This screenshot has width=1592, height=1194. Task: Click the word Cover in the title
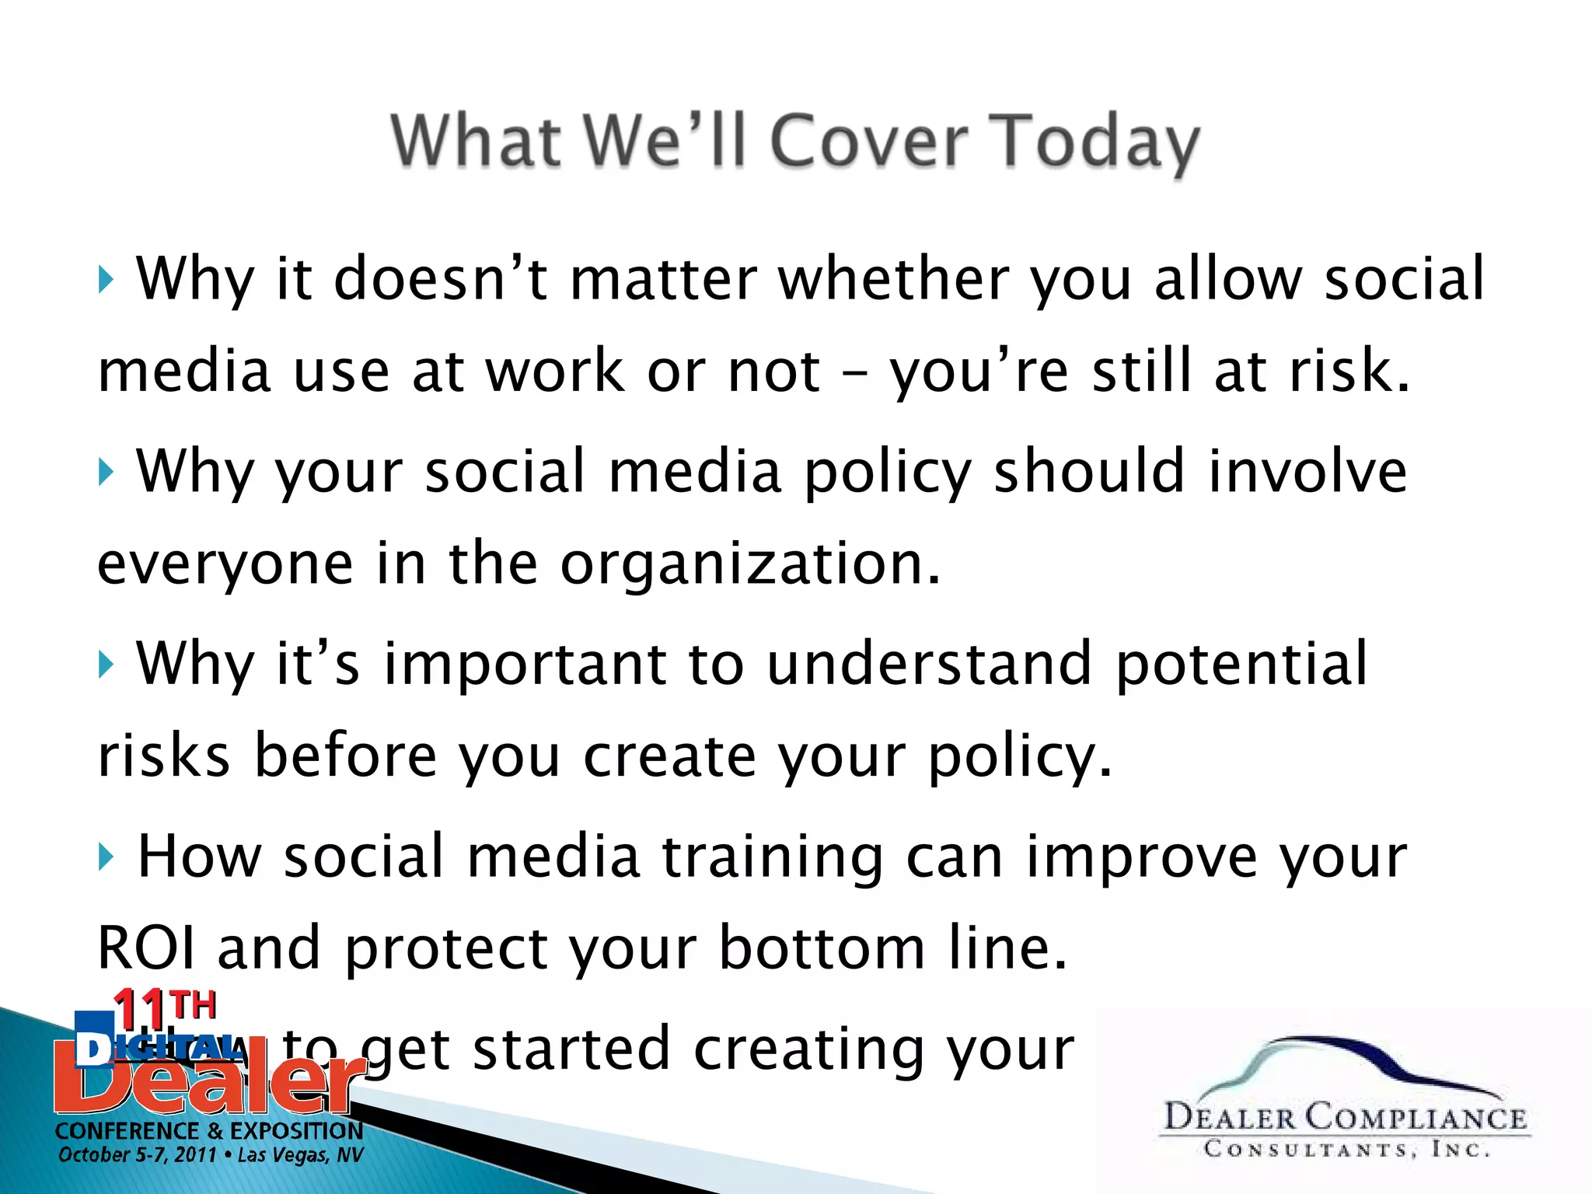point(869,141)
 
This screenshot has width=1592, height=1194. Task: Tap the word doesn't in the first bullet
point(439,278)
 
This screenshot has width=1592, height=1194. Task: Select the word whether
point(894,278)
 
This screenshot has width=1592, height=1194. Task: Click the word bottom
point(822,948)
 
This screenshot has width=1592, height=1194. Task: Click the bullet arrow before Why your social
point(106,472)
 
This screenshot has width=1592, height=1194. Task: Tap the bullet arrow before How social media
point(106,857)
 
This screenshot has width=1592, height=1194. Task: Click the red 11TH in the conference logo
point(163,1007)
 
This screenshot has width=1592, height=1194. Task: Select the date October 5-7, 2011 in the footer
point(137,1155)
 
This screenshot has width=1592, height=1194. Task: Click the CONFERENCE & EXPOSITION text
point(208,1130)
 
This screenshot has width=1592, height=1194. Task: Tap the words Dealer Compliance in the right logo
point(1345,1118)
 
